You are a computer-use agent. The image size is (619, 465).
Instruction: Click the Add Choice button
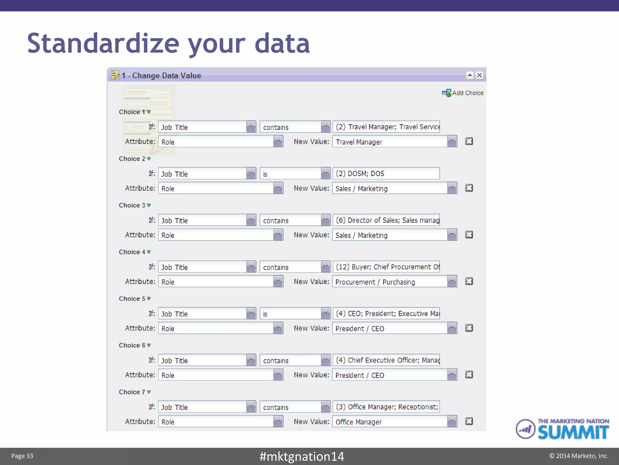463,93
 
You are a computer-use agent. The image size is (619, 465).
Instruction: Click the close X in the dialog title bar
479,75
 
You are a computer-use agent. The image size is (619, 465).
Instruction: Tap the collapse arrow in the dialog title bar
470,75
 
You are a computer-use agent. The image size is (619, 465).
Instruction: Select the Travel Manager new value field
390,142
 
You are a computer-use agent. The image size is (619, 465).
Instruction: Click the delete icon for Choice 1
469,141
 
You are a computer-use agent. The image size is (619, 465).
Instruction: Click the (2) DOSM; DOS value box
386,173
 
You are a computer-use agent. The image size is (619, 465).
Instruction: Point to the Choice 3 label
132,205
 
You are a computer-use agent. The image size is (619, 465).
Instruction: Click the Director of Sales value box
386,220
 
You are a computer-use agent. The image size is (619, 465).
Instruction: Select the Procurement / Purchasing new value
390,282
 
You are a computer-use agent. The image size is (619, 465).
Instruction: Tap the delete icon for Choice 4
469,281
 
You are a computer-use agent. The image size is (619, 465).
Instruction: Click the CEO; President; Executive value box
386,313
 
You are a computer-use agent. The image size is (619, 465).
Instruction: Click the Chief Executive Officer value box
386,360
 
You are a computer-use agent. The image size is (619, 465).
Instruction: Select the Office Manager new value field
390,422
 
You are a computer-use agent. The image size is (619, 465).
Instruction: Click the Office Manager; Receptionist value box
386,407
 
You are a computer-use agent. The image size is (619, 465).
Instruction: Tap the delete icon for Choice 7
469,421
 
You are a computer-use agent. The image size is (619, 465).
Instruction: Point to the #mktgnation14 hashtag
302,456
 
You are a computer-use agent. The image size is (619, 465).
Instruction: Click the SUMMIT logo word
573,432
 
